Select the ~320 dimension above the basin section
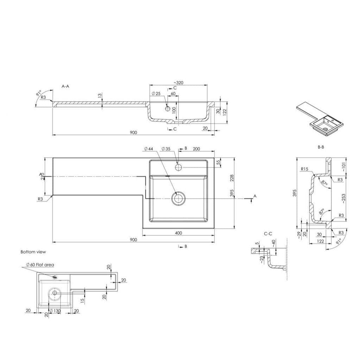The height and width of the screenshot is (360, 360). pos(178,83)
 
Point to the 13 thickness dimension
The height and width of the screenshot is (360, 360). pos(100,95)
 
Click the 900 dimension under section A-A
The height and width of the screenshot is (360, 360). pos(133,132)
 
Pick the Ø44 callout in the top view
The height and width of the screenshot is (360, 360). pos(149,149)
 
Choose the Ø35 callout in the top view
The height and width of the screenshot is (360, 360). pos(166,149)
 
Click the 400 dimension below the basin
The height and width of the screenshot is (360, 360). pos(178,233)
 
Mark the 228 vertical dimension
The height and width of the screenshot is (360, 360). pos(231,178)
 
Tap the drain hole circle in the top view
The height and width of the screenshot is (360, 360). pos(178,198)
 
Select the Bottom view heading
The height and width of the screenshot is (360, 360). pos(33,252)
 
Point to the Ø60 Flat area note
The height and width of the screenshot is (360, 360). pos(40,265)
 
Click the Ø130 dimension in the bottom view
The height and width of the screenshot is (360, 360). pos(56,311)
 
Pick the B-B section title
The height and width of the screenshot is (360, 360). pos(321,147)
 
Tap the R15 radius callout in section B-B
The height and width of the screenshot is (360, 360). pos(305,169)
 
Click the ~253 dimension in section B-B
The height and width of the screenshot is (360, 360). pos(343,198)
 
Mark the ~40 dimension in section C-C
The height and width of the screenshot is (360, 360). pos(274,243)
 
